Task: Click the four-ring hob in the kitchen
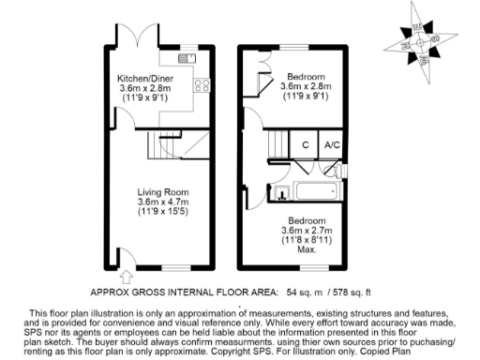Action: point(201,86)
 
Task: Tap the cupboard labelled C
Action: point(305,144)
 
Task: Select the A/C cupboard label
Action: point(331,144)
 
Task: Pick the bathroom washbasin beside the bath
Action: point(281,194)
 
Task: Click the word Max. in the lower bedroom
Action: point(307,251)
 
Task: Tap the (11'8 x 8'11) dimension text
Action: point(307,241)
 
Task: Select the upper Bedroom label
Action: point(307,75)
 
